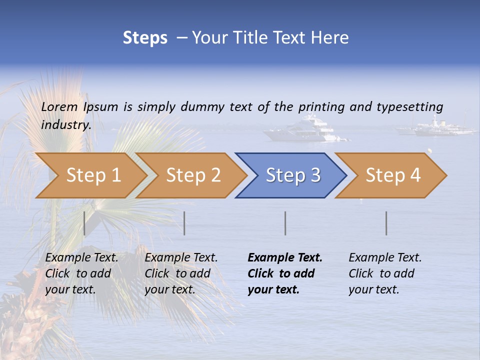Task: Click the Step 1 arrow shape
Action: coord(92,175)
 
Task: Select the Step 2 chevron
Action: coord(192,175)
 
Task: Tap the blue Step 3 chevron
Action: coord(292,175)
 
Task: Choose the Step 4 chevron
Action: coord(392,175)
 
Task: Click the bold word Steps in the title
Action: coord(145,38)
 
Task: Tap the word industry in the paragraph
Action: coord(65,124)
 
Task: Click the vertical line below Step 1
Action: coord(84,223)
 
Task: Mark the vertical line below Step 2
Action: coord(184,223)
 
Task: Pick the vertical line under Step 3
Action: coord(285,223)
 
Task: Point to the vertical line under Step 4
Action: coord(386,223)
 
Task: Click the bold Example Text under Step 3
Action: coord(285,258)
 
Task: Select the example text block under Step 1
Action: coord(81,273)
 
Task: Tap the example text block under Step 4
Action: coord(385,273)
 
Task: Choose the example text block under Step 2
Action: coord(181,273)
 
